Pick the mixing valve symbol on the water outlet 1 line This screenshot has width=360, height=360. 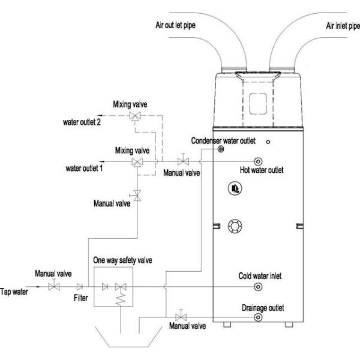pyautogui.click(x=137, y=163)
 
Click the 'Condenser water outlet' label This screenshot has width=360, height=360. pyautogui.click(x=223, y=140)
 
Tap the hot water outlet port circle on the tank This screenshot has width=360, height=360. pyautogui.click(x=259, y=161)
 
